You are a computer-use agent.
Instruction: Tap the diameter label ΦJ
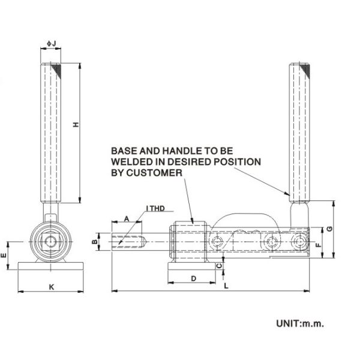click(51, 43)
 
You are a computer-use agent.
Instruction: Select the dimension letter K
click(51, 287)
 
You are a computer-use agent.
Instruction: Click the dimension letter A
click(126, 220)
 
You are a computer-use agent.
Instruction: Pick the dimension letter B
click(95, 242)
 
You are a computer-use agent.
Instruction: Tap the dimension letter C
click(218, 265)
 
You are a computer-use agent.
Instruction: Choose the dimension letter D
click(193, 279)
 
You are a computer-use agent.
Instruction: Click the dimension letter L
click(226, 287)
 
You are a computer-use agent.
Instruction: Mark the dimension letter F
click(320, 245)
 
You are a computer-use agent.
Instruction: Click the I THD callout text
click(157, 209)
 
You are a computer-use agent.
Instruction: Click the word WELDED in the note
click(130, 162)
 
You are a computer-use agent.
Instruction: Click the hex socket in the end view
click(50, 242)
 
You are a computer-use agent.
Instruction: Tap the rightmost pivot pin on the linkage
click(298, 242)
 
